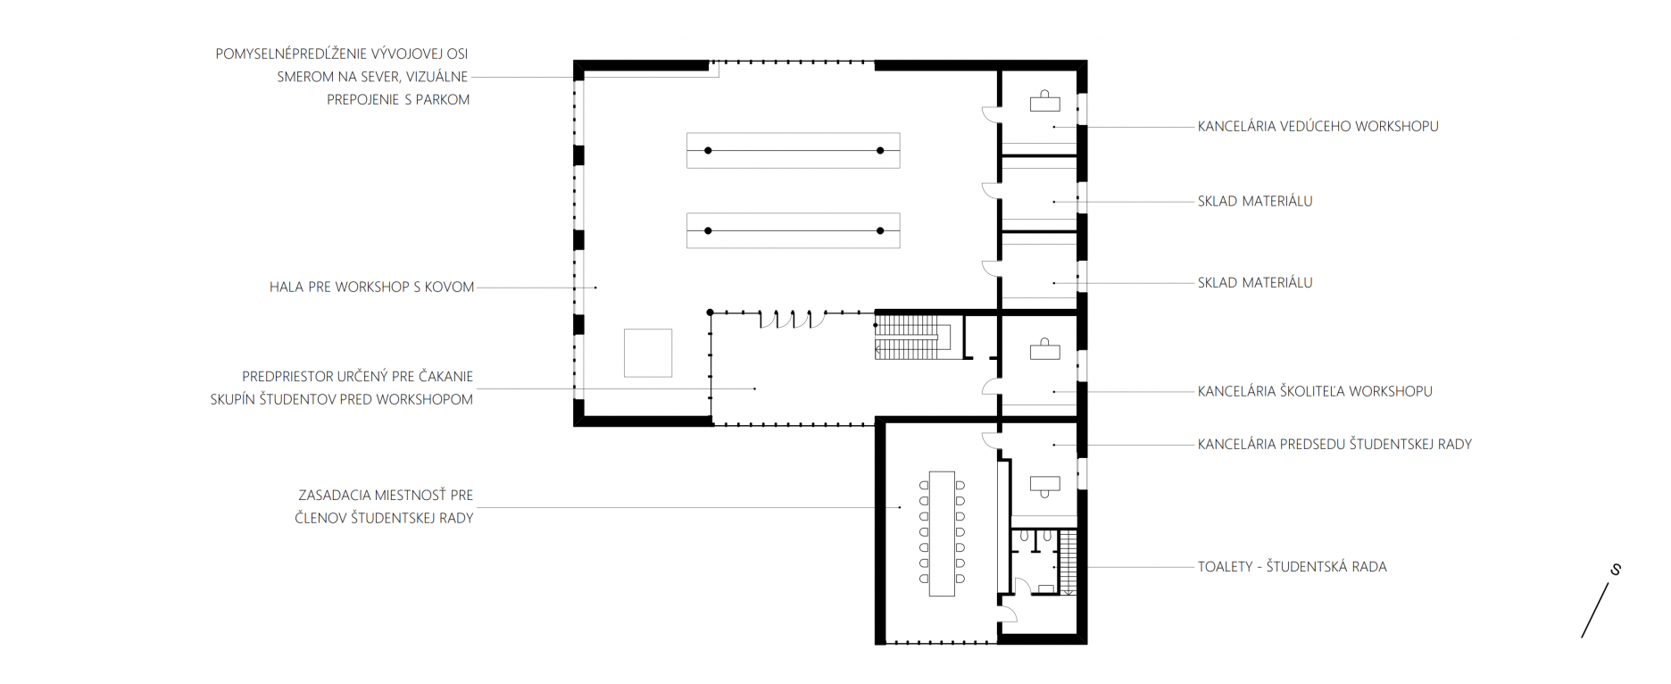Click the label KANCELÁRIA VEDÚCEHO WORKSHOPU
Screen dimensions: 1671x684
pos(1318,127)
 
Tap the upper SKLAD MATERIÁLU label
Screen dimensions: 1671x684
pos(1255,202)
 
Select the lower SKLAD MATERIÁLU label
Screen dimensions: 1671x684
pos(1255,283)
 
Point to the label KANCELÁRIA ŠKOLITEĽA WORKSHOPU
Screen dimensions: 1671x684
pos(1315,391)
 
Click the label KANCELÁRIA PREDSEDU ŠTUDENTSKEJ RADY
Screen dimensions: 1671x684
pos(1334,444)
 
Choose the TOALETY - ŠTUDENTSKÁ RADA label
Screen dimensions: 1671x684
pos(1292,567)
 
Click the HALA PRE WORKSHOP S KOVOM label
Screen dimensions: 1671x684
pos(371,288)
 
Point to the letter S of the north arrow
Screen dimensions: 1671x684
pos(1616,570)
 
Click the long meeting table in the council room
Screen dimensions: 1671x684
pos(942,533)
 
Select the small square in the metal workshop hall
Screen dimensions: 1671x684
pos(648,353)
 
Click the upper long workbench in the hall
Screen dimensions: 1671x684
pos(794,151)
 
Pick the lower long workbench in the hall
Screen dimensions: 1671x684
pos(794,231)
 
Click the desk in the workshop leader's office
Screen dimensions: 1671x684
pos(1044,103)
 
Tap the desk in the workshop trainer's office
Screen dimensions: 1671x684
pos(1044,350)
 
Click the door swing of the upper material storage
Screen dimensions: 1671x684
pos(989,190)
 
